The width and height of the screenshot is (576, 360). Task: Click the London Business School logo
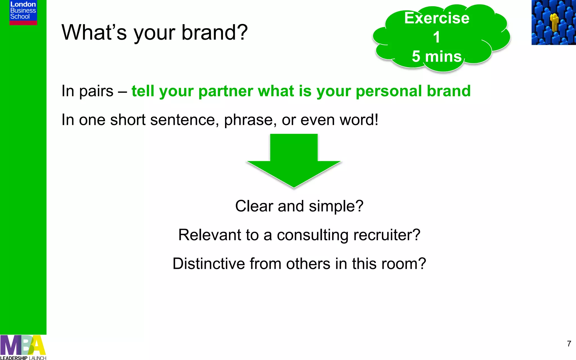pos(23,12)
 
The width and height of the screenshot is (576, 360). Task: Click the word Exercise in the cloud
pos(436,18)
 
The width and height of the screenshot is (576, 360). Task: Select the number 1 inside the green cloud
pos(436,37)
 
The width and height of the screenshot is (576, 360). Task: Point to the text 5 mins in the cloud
pos(436,57)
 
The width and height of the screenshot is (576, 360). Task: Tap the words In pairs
pos(87,91)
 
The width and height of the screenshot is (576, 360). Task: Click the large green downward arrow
pos(294,160)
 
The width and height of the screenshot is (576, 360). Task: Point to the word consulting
pos(312,235)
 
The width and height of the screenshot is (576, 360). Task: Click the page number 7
pos(569,344)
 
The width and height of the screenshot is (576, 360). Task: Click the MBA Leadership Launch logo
pos(23,347)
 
